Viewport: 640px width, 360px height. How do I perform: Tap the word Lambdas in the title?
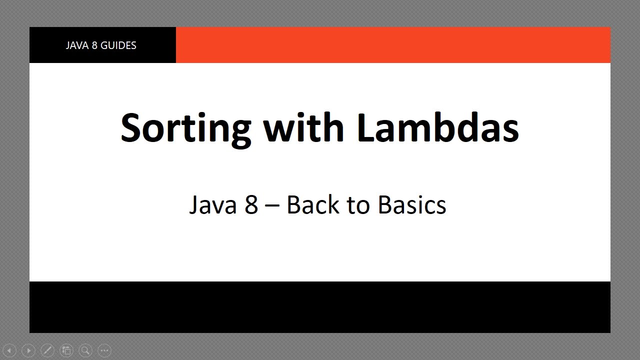[438, 127]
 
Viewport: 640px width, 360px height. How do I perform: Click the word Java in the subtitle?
[212, 205]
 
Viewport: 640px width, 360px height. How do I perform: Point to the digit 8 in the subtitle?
[251, 205]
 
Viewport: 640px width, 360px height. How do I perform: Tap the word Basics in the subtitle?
[412, 205]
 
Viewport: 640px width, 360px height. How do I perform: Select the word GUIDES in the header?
[118, 45]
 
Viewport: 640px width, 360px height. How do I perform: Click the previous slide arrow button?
[9, 350]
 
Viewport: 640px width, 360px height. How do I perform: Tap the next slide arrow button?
[28, 350]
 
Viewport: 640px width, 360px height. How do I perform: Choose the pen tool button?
[47, 350]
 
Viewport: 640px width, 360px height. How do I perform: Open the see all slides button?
[66, 350]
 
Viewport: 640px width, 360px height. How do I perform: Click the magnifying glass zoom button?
[85, 350]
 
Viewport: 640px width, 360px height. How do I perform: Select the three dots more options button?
[104, 350]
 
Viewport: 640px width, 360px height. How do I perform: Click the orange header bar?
[392, 45]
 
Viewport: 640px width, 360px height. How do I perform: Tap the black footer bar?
[320, 307]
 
